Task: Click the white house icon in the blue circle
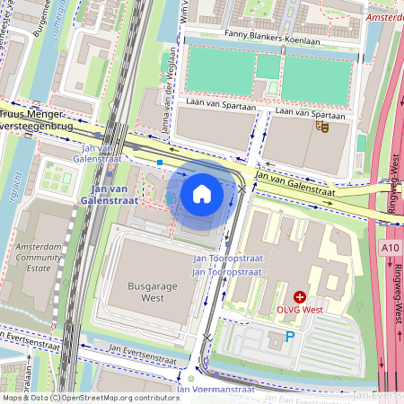tap(202, 193)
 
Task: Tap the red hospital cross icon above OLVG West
tap(300, 296)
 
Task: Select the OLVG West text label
tap(300, 310)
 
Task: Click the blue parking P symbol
tap(289, 336)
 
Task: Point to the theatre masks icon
tap(321, 127)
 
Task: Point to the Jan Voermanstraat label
tap(215, 389)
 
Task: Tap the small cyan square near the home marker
tap(159, 162)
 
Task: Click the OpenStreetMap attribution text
tap(90, 397)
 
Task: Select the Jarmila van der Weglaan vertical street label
tap(168, 104)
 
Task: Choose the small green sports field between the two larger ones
tap(268, 66)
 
